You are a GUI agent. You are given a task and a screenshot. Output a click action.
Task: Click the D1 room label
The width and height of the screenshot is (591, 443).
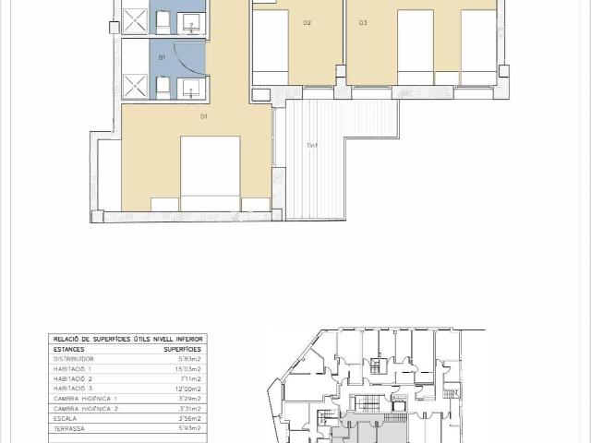[x=204, y=116]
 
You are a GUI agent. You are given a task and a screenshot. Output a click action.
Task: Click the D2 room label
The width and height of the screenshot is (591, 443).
[x=307, y=22]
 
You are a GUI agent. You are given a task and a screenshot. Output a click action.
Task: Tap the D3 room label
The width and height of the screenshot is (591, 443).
[x=363, y=22]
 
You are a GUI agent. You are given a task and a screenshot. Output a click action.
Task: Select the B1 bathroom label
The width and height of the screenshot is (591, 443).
[x=162, y=57]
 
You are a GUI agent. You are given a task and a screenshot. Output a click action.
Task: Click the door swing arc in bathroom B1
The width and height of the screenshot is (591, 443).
[x=189, y=63]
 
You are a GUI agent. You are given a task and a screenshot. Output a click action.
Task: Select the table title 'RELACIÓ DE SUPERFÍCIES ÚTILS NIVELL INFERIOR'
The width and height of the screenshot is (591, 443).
[x=129, y=340]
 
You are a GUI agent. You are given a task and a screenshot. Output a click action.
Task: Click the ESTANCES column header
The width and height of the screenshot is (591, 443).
[x=69, y=350]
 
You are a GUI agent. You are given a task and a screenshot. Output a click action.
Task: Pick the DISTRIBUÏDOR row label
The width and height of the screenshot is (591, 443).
[x=74, y=359]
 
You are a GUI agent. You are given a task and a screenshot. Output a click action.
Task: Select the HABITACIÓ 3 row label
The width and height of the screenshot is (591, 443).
[x=74, y=388]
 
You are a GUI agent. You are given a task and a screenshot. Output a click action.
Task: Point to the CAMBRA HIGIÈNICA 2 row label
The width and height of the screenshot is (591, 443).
[x=86, y=407]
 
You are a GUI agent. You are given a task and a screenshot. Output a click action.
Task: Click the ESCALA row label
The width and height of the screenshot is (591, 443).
[x=65, y=417]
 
